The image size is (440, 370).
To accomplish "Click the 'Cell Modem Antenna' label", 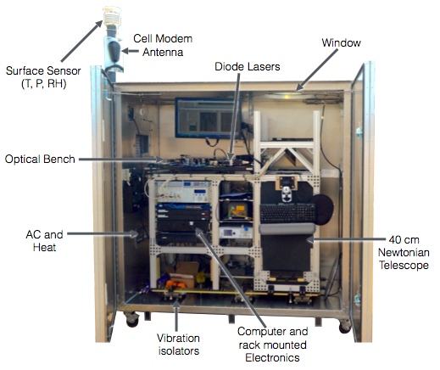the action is coord(163,45).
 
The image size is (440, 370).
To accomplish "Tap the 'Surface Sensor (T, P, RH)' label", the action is coord(43,77).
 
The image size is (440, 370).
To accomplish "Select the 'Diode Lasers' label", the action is coord(248,67).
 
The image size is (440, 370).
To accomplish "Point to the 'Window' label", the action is coord(341,42).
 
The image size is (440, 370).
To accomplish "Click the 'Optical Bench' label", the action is coord(40,159).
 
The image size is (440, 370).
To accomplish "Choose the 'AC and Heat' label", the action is coord(44,241).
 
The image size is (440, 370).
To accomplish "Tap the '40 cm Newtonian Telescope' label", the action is coord(404,253).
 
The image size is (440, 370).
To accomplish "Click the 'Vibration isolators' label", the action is coord(178,345).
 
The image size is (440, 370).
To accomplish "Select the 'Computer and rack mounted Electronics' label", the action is coord(272,345).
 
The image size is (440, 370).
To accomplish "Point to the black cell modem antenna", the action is coord(114,52).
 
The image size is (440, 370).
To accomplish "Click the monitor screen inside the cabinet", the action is coord(209,118).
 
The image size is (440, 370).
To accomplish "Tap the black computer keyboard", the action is coord(287,213).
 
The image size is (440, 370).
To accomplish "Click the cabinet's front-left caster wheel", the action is coord(132,319).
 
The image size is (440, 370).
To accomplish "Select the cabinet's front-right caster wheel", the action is coord(345,327).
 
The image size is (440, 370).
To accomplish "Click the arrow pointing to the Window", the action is coord(317,70).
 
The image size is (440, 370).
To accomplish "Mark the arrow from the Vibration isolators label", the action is coord(176,316).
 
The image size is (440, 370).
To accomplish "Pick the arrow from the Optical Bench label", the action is coord(121,160).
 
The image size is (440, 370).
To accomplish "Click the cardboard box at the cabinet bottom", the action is coord(182,273).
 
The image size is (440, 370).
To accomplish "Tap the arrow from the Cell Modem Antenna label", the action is coord(131,51).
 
